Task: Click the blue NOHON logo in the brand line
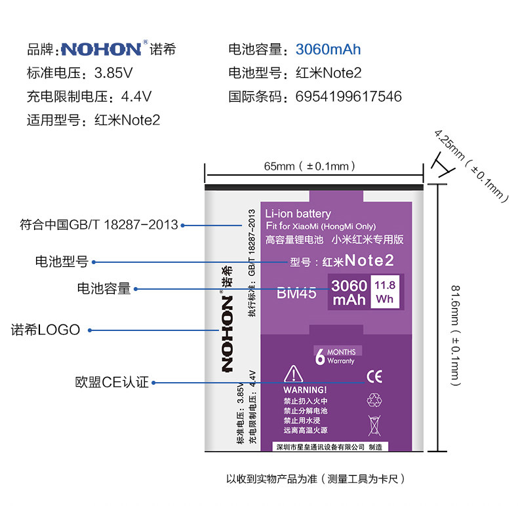coord(101,50)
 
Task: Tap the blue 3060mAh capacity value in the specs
coord(328,50)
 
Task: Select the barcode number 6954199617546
coord(348,97)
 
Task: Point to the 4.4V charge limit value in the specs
coord(137,97)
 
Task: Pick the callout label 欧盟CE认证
coord(111,382)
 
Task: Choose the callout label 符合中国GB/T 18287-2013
coord(99,225)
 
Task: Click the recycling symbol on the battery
coord(374,399)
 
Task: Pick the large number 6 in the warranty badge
coord(320,357)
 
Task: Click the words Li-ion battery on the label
coord(298,214)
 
